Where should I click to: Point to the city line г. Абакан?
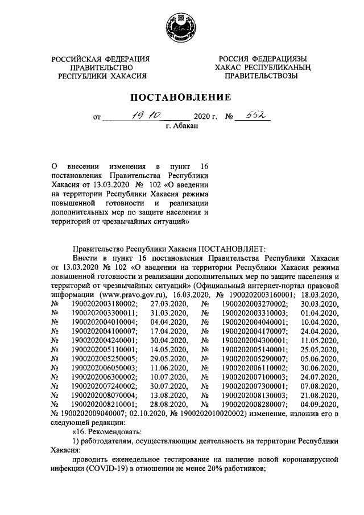click(182, 126)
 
